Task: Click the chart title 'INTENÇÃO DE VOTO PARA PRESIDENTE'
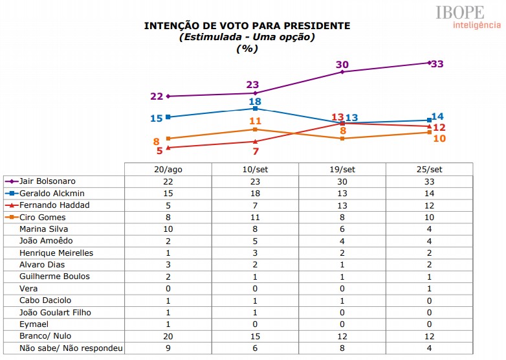tap(247, 26)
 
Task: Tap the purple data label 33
tap(437, 64)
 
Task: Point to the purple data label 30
tap(342, 64)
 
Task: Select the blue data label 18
tap(255, 101)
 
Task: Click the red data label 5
tap(159, 151)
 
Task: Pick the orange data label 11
tap(255, 121)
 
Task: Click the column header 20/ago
tap(168, 169)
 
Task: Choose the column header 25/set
tap(429, 169)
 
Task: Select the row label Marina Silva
tap(43, 229)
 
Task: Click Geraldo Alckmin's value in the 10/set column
tap(255, 193)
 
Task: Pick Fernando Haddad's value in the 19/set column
tap(342, 205)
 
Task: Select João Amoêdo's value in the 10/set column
tap(255, 241)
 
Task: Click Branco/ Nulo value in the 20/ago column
tap(168, 336)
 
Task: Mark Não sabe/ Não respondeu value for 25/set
tap(429, 348)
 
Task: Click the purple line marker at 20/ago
tap(168, 96)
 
